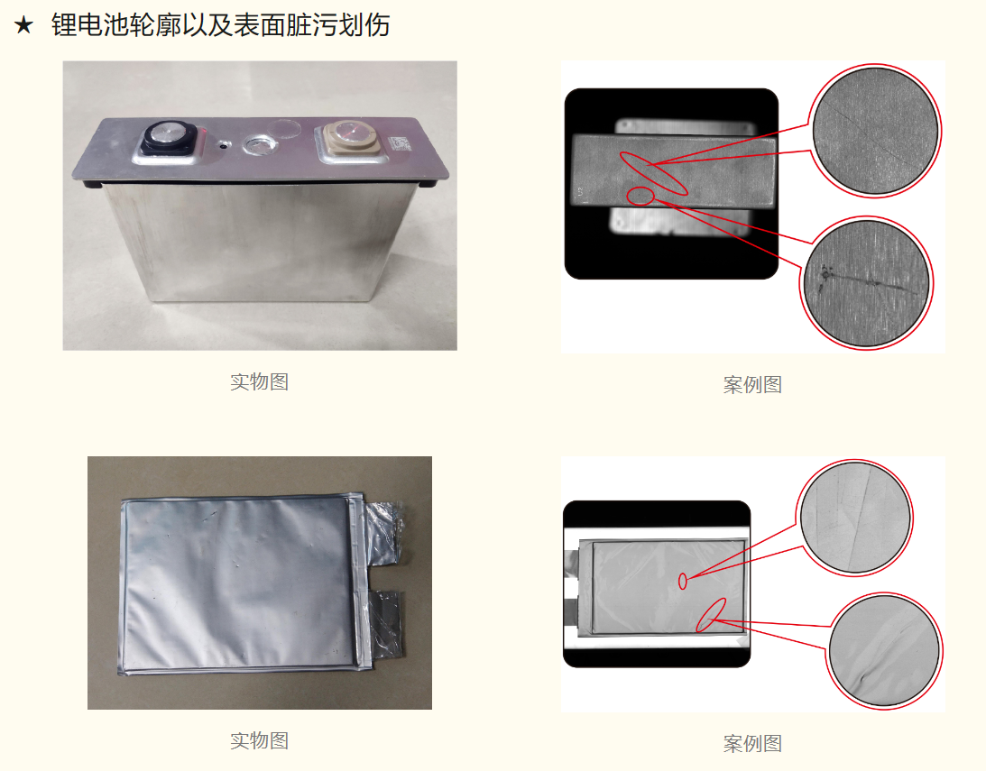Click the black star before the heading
(x=23, y=26)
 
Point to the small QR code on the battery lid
(x=400, y=144)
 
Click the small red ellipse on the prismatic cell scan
(x=640, y=196)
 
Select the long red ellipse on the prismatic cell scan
(x=653, y=173)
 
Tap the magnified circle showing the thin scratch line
(x=875, y=131)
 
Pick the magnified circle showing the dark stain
(x=867, y=283)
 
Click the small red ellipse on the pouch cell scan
(x=683, y=582)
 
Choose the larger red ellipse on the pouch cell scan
(x=711, y=614)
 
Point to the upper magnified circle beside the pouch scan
(x=854, y=518)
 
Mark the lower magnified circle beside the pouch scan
(x=884, y=651)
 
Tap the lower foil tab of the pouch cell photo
(x=384, y=625)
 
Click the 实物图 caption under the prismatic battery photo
(x=259, y=382)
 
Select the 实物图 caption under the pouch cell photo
(x=259, y=741)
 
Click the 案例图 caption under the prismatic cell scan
(x=752, y=384)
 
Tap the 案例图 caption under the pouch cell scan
(x=752, y=744)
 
